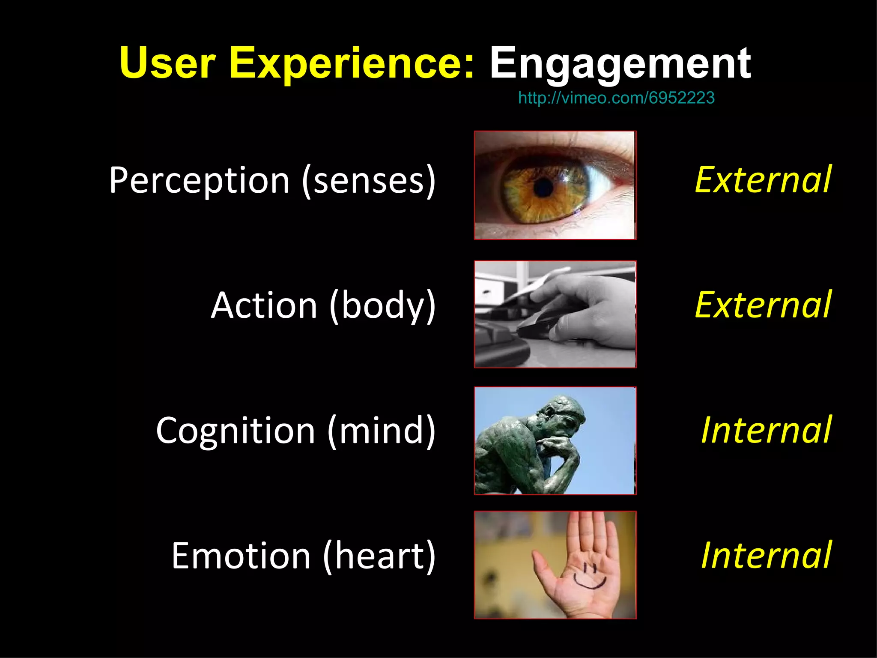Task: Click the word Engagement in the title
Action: (620, 64)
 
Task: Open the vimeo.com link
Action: (616, 98)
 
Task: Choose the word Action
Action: (264, 305)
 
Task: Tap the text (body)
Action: (382, 305)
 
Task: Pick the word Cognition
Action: (236, 431)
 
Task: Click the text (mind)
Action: (381, 431)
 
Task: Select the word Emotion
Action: (241, 556)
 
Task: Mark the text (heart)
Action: (379, 556)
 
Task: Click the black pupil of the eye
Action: (544, 188)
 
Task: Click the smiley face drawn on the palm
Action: (590, 576)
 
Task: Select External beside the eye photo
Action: (763, 180)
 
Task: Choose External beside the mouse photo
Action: (763, 305)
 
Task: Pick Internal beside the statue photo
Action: (766, 430)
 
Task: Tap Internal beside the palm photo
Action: (766, 555)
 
